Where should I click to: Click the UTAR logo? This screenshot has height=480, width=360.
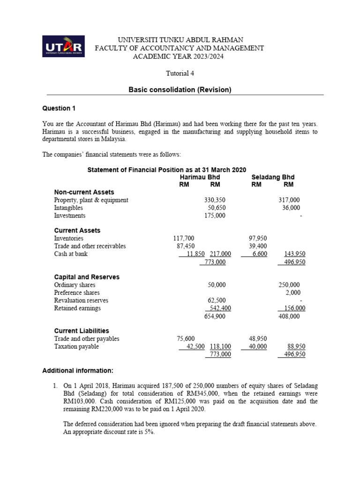pos(63,47)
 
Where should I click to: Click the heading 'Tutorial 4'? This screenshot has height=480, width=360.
pos(180,73)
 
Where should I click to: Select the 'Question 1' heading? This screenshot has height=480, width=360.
pos(59,108)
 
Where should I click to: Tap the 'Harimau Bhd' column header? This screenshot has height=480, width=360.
pos(200,178)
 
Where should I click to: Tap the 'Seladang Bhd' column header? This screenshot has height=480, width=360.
pos(273,178)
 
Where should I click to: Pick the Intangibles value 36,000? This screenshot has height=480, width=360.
pos(291,208)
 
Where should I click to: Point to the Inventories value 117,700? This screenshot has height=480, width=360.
pos(184,239)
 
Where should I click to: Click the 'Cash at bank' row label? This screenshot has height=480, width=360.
pos(71,254)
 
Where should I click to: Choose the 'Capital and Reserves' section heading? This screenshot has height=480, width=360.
pos(87,277)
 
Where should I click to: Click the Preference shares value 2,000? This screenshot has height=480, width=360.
pos(292,292)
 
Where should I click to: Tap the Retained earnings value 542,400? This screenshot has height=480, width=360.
pos(218,308)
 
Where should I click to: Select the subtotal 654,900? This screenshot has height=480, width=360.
pos(215,316)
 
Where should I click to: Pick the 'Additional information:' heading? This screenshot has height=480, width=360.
pos(78,371)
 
